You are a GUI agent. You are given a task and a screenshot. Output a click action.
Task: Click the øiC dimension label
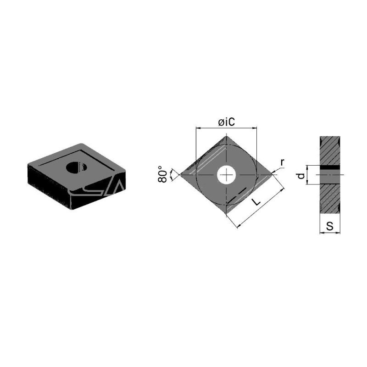[x=226, y=122]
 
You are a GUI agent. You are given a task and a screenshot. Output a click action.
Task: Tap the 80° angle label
[x=162, y=174]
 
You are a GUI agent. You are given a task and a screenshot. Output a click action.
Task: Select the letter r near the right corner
[x=283, y=162]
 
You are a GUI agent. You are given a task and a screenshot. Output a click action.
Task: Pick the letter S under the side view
[x=329, y=225]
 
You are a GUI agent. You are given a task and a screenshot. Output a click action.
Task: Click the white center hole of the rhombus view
[x=226, y=174]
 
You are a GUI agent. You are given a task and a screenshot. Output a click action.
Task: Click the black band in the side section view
[x=329, y=168]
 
